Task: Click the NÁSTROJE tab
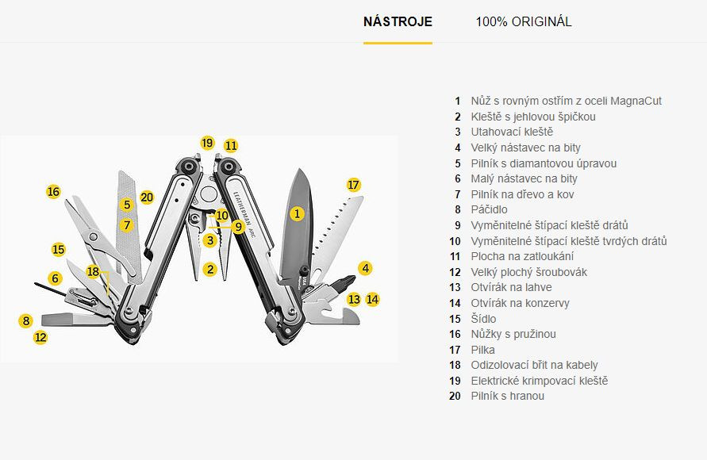pos(398,21)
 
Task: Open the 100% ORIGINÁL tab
pos(523,21)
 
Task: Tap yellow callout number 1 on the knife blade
pos(297,213)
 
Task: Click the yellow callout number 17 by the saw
pos(353,185)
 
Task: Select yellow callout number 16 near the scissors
pos(53,192)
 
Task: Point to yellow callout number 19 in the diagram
pos(207,144)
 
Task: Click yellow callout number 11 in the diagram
pos(230,146)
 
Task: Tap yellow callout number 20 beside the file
pos(146,197)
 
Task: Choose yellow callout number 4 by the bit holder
pos(365,268)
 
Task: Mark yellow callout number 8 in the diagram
pos(26,321)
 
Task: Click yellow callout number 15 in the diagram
pos(58,249)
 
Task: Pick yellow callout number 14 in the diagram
pos(372,300)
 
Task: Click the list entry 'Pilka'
pos(482,350)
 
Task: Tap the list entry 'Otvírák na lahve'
pos(511,288)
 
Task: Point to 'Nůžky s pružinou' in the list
pos(513,334)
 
